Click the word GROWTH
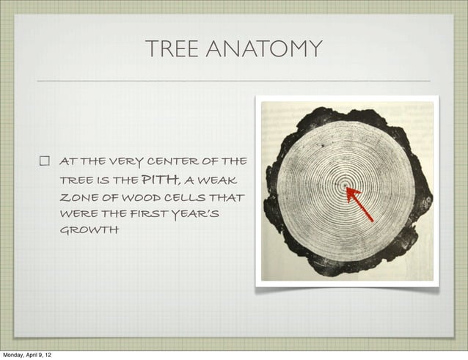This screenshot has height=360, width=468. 89,231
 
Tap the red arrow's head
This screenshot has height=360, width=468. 350,191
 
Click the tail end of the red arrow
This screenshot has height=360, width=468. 372,220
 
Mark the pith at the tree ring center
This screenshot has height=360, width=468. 345,186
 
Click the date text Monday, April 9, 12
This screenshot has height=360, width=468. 26,354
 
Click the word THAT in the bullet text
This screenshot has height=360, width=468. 227,197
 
